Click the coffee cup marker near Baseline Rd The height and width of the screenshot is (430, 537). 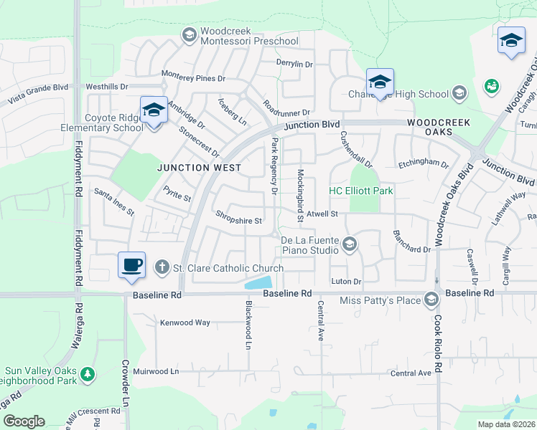pos(132,265)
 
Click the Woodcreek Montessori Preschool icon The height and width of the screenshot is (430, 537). pos(190,34)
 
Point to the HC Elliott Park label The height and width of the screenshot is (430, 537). pos(361,191)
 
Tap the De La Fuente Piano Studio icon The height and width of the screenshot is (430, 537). pos(349,245)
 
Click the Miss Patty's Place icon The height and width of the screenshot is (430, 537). pos(431,299)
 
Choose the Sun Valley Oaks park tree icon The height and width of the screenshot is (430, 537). pos(88,373)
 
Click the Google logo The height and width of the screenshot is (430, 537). pos(24,421)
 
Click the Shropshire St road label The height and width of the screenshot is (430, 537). pos(239,221)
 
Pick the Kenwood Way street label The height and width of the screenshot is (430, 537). pos(185,322)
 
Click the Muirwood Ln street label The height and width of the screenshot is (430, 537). pos(155,372)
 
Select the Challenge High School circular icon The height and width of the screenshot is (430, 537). pos(459,93)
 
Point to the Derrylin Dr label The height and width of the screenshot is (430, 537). pos(295,64)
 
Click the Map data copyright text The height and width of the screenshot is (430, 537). pos(505,424)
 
